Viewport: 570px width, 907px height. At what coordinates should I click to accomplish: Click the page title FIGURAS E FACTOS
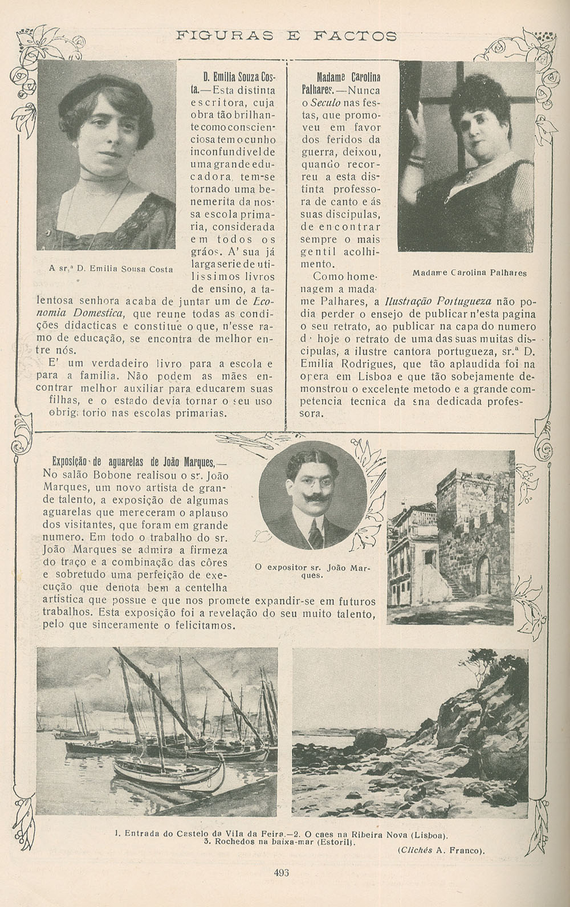[287, 35]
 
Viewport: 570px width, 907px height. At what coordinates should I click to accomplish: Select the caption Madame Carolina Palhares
[469, 272]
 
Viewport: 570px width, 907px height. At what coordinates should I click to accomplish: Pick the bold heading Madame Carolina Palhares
[348, 83]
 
